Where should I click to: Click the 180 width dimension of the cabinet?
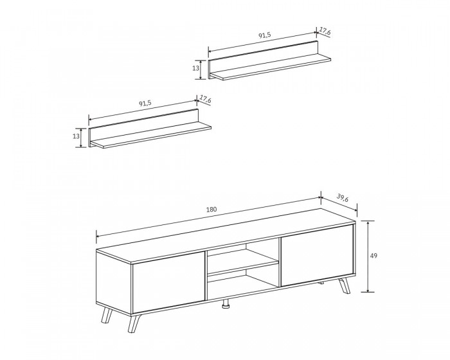[212, 210]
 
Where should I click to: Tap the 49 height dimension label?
[373, 255]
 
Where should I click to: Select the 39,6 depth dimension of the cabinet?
[343, 198]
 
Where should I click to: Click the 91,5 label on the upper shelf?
[265, 35]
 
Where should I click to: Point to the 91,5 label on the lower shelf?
[145, 104]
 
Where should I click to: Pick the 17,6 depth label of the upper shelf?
[325, 32]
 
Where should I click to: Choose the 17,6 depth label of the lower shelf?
[206, 100]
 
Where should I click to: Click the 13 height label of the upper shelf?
[195, 68]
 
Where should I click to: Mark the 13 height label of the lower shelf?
[76, 136]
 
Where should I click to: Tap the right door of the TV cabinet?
[317, 255]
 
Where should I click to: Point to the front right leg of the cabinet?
[345, 285]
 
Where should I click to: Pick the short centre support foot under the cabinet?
[226, 303]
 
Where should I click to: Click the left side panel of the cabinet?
[114, 283]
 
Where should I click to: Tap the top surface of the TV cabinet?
[226, 235]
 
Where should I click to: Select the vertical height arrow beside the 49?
[368, 256]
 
